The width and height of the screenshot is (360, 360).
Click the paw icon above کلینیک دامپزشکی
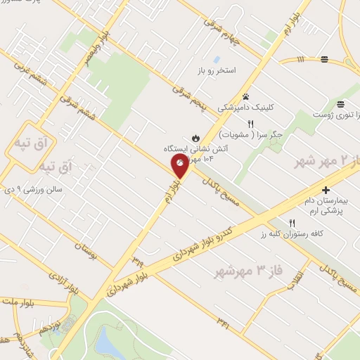point(245,97)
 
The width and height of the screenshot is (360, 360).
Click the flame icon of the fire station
point(195,137)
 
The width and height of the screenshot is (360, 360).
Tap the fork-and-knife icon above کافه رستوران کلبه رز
point(283,223)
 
